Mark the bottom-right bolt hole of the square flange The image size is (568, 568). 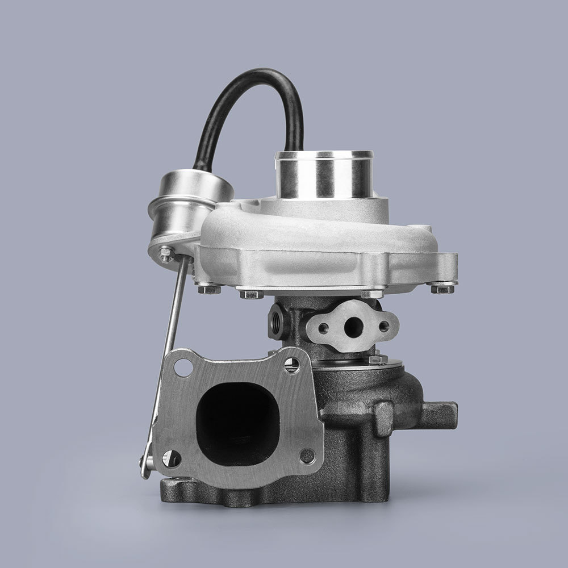[x=306, y=454]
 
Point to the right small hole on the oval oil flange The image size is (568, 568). [x=385, y=325]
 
